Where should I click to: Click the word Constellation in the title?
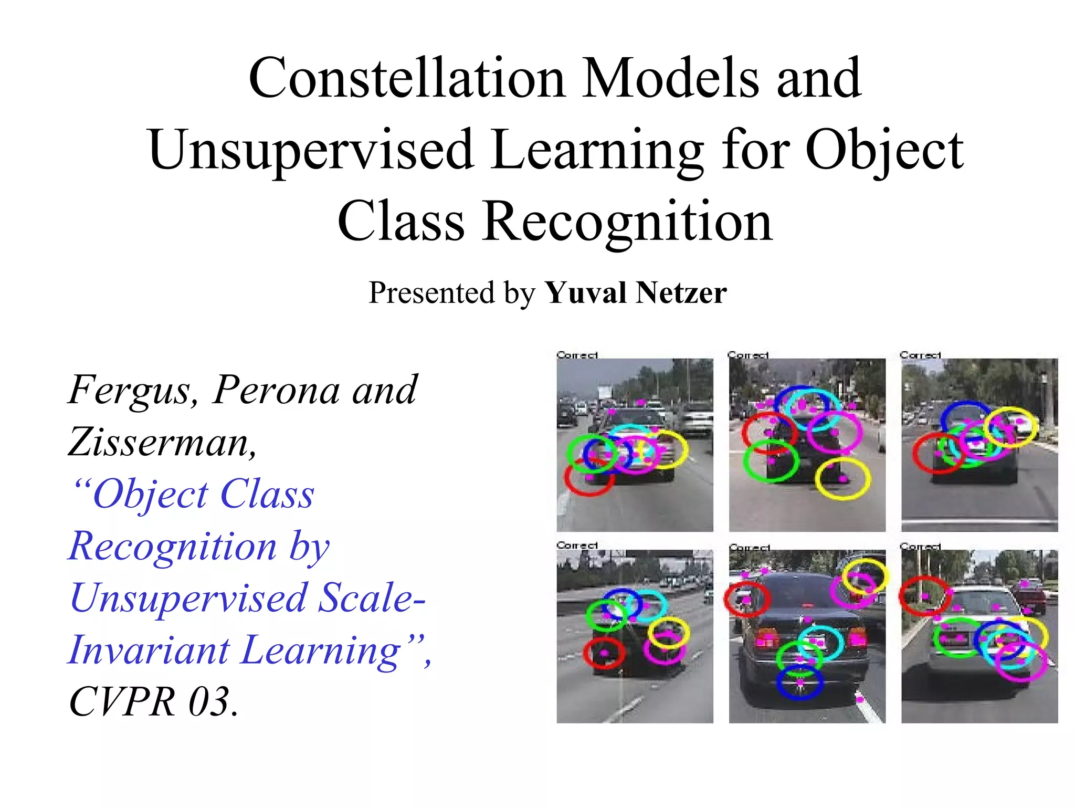[406, 79]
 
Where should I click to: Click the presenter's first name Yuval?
[586, 293]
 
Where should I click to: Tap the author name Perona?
[276, 390]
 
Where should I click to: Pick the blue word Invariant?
[149, 650]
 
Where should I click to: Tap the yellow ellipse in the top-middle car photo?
[842, 478]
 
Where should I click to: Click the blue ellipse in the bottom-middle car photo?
[799, 683]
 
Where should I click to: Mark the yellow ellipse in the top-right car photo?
[1011, 427]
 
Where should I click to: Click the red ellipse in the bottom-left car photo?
[604, 653]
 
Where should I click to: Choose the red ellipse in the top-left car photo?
[589, 478]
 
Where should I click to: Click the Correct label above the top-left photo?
[577, 355]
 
